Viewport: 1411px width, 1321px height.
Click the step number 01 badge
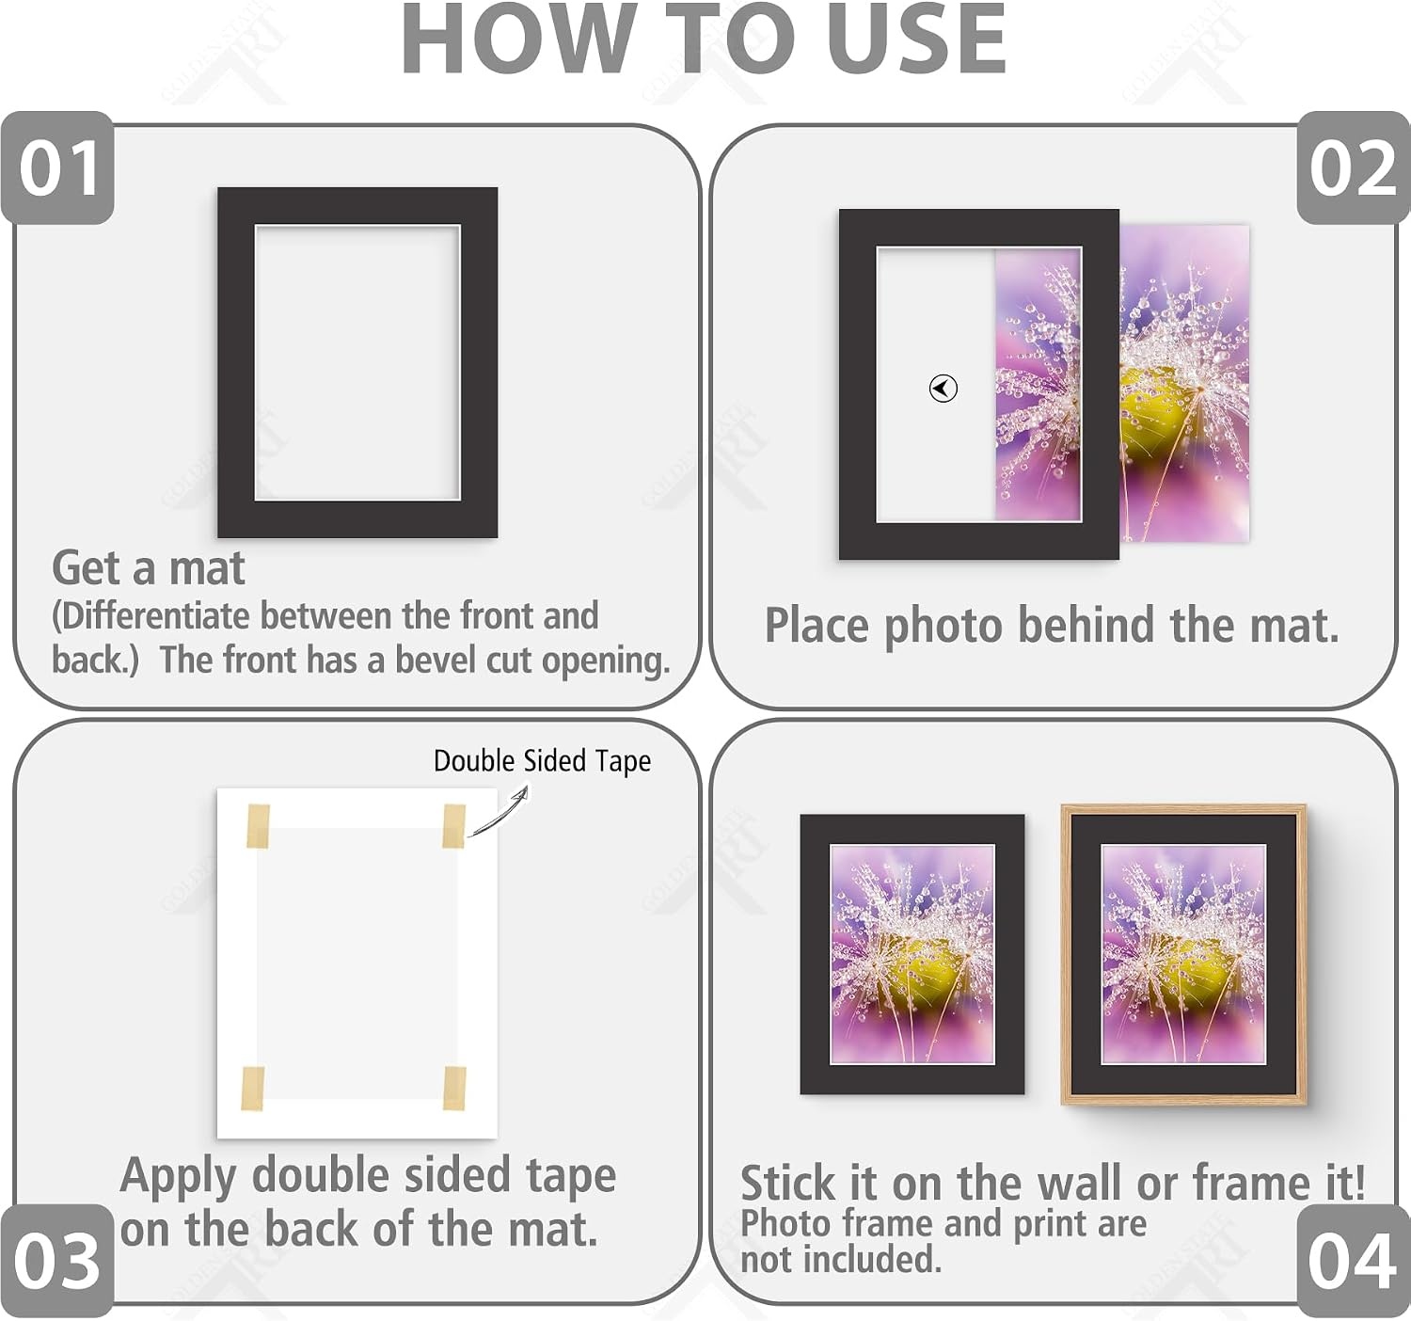click(x=57, y=167)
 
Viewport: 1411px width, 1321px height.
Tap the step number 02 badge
click(x=1353, y=167)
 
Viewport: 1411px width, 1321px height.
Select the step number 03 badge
click(x=56, y=1261)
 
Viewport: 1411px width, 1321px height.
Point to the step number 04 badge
click(x=1353, y=1261)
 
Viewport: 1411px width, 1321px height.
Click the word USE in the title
click(x=916, y=39)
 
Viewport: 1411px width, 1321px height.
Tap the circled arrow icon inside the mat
click(x=943, y=389)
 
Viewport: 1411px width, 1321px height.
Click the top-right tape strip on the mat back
click(x=454, y=826)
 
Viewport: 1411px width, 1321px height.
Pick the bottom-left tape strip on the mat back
click(x=253, y=1089)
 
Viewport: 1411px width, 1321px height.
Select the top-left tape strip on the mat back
click(x=258, y=826)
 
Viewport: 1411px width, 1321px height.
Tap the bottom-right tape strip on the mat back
click(x=454, y=1089)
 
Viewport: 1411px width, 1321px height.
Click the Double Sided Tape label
click(x=542, y=761)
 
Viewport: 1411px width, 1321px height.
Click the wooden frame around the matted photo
click(x=1183, y=810)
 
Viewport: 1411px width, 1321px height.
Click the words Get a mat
click(x=149, y=568)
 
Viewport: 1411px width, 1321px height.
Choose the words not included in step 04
click(x=841, y=1259)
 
